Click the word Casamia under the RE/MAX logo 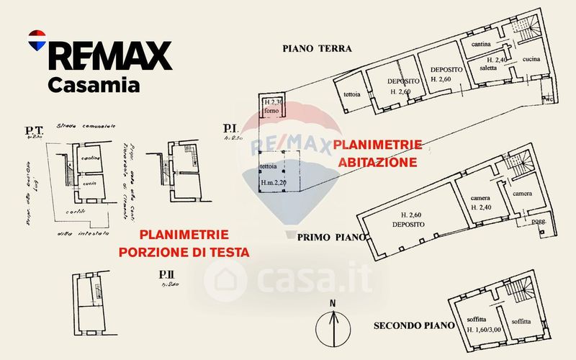tap(94, 85)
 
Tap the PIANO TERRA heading tap(316, 49)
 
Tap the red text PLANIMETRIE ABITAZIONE tap(374, 153)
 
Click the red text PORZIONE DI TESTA tap(184, 252)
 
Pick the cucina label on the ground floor tap(531, 58)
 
